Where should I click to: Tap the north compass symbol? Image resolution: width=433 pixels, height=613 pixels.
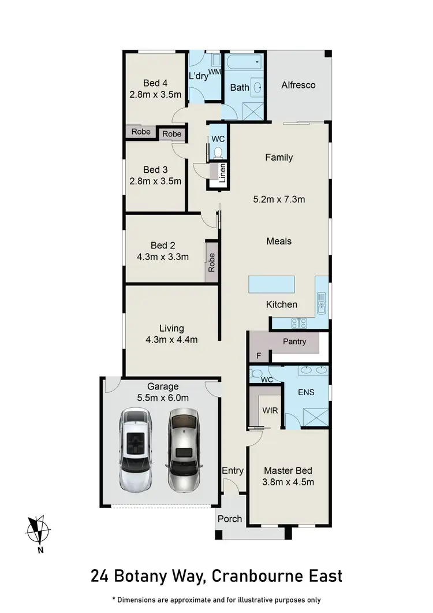coord(38,530)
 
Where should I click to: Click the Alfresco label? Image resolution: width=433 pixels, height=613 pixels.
coord(298,85)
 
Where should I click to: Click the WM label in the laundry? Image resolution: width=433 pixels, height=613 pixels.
coord(215,72)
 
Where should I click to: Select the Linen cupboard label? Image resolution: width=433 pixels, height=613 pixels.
coord(222,174)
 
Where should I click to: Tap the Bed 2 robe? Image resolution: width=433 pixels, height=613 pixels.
coord(212,263)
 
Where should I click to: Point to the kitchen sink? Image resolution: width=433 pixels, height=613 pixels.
coord(322,300)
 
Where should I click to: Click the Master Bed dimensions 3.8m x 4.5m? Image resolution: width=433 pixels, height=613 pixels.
coord(289,482)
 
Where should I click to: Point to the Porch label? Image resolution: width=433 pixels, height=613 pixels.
coord(230,518)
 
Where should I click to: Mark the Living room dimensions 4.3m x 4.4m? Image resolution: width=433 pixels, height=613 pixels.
coord(171,340)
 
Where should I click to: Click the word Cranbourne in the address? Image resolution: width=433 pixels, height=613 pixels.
coord(252,576)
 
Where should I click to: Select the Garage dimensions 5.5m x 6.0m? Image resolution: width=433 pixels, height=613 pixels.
coord(163,397)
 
